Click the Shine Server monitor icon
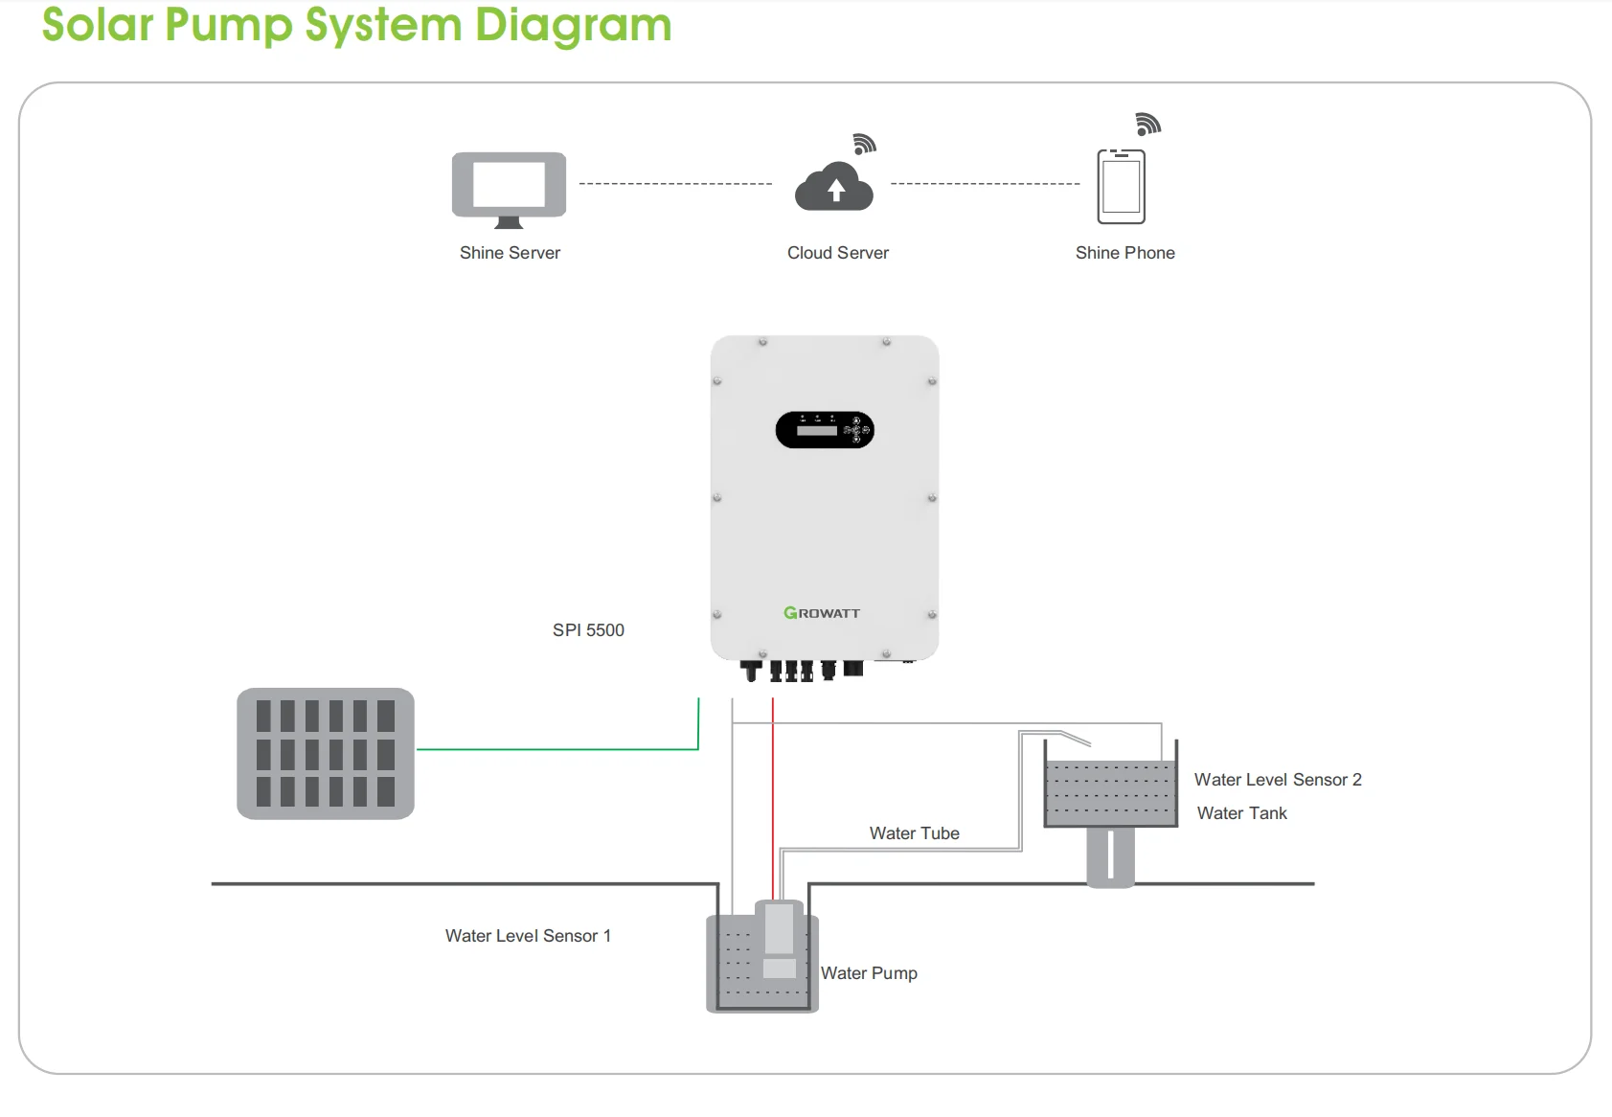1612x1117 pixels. [x=509, y=186]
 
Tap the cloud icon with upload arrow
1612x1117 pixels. [x=834, y=187]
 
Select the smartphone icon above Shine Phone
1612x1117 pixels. [x=1121, y=187]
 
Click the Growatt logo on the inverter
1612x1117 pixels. [x=822, y=613]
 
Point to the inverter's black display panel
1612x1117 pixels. [x=824, y=430]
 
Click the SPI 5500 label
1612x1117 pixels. [x=588, y=630]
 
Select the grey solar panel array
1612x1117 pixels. [x=326, y=754]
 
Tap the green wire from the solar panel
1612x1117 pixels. [x=556, y=749]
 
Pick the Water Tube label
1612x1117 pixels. [x=914, y=833]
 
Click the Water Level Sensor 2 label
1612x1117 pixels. [x=1277, y=780]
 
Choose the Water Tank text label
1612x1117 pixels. [x=1241, y=813]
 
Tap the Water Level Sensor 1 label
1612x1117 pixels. [x=528, y=936]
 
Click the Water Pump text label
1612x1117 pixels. [x=869, y=973]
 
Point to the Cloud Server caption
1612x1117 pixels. [x=837, y=253]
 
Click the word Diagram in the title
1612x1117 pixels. [x=573, y=25]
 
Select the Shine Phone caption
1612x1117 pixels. [x=1124, y=253]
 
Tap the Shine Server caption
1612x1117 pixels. [x=510, y=253]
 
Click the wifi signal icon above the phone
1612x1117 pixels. [x=1147, y=125]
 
